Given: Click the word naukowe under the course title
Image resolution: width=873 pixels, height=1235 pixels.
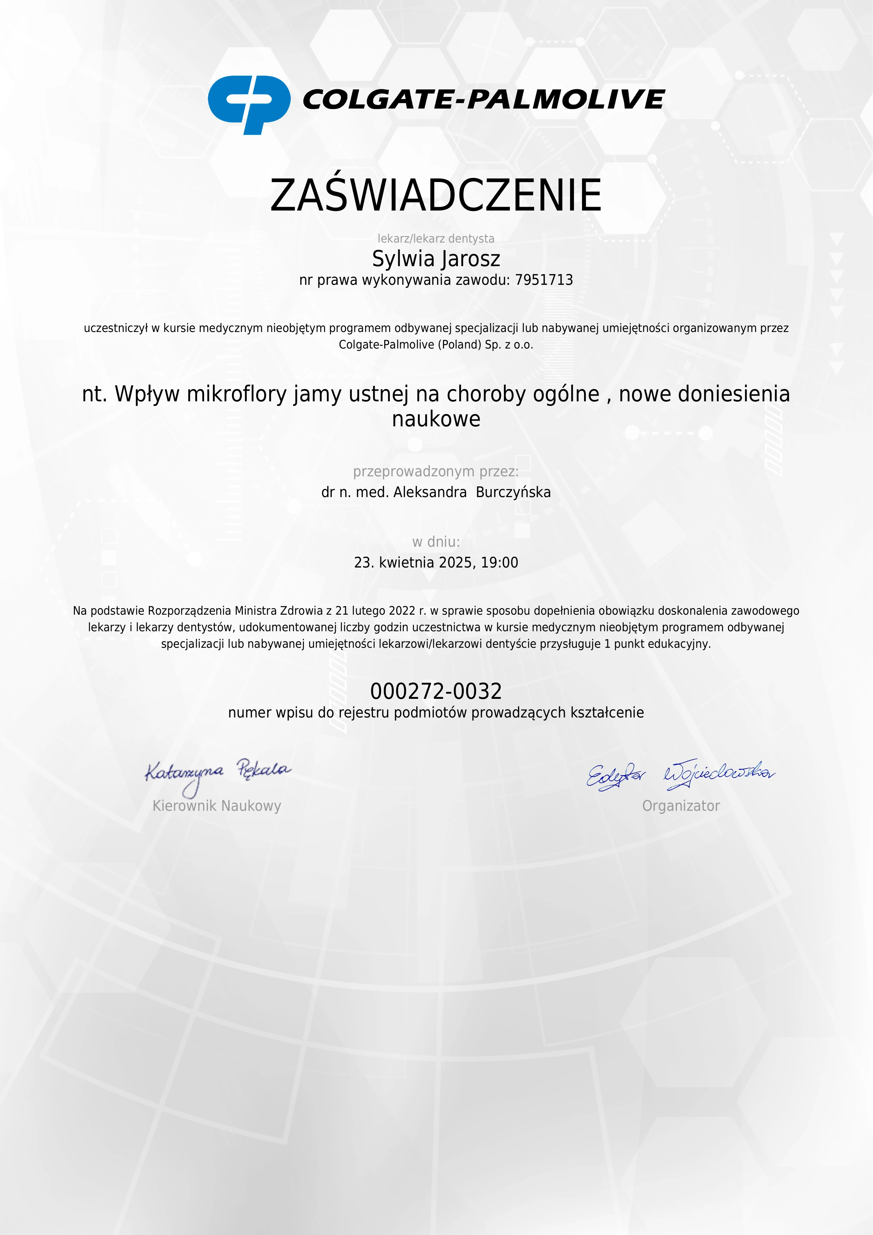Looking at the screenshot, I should tap(436, 419).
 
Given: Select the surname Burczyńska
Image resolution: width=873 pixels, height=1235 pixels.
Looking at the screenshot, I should tap(513, 492).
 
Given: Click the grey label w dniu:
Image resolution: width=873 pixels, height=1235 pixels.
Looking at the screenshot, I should tap(436, 542).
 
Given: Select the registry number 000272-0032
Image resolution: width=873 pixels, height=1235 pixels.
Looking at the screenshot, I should tap(436, 691).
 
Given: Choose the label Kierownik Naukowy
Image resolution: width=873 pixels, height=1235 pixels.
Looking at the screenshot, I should tap(217, 806).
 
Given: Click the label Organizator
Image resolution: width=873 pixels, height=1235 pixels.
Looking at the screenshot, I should tap(681, 806).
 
